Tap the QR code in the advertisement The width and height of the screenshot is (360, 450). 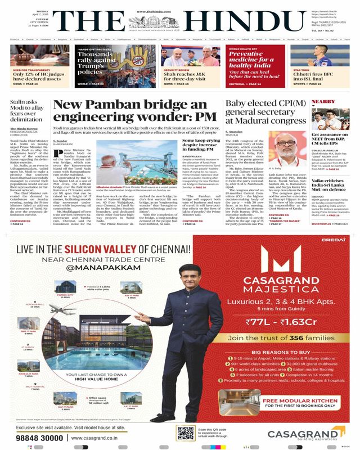(x=185, y=433)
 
